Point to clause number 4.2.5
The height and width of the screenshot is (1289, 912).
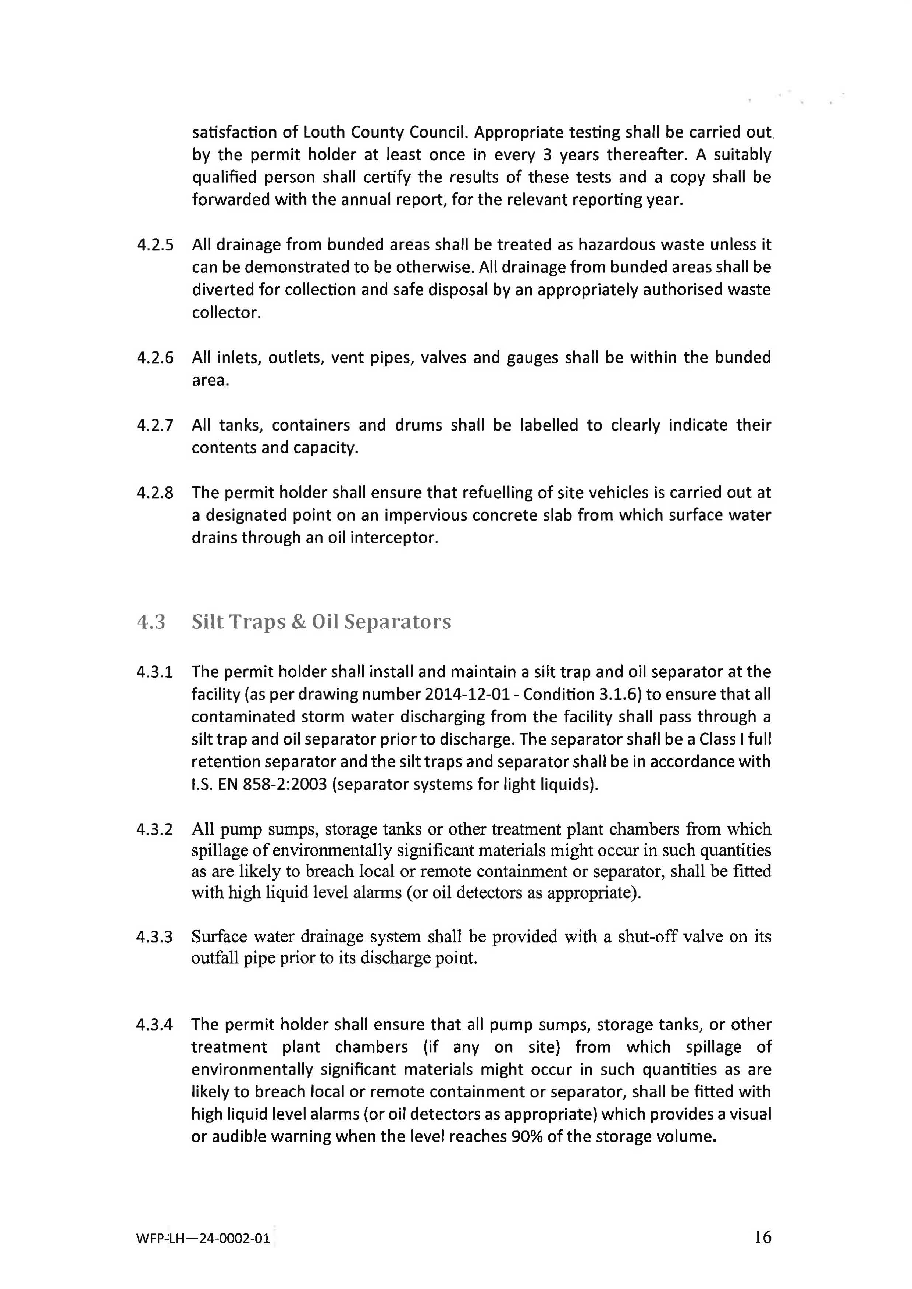coord(155,245)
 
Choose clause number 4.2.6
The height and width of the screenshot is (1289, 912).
coord(155,358)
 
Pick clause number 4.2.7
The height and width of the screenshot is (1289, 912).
coord(155,425)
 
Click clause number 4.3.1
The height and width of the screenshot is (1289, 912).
coord(154,672)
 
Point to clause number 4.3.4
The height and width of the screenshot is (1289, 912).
coord(154,1025)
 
